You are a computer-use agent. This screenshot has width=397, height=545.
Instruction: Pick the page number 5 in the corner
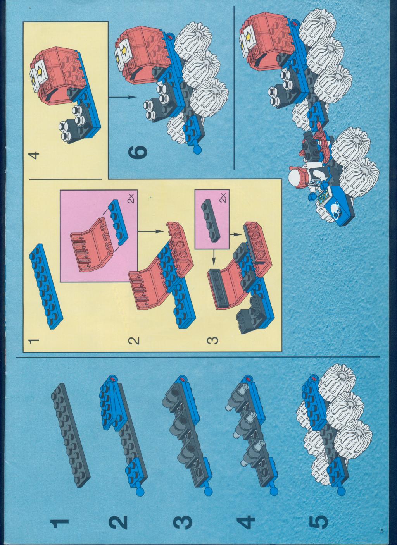coord(382,536)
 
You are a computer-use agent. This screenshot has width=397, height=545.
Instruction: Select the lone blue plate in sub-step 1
coord(46,286)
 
